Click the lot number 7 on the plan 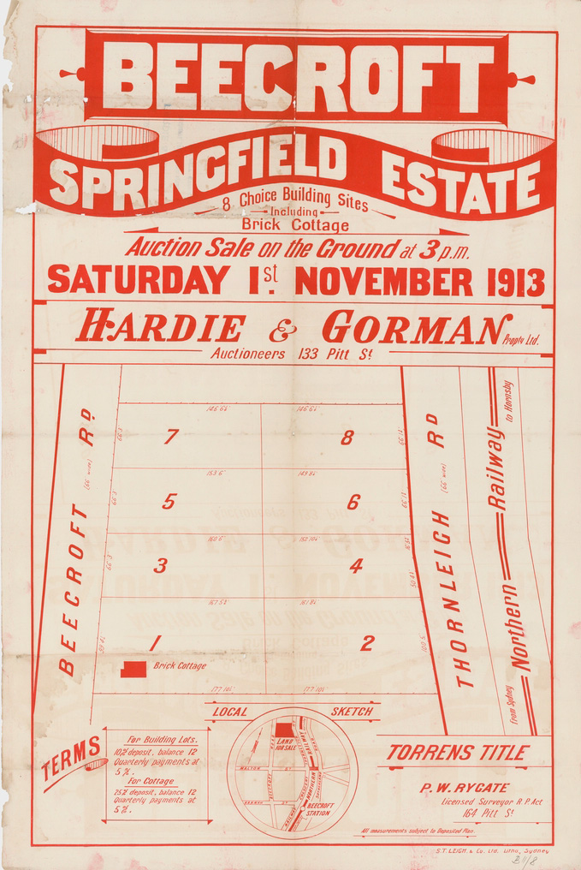(x=171, y=438)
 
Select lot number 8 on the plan (x=347, y=438)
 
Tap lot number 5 (x=169, y=502)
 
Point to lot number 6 (x=353, y=503)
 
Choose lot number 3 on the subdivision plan (x=160, y=565)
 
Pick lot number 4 (x=356, y=565)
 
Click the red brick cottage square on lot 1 (x=133, y=669)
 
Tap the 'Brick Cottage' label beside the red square (x=180, y=665)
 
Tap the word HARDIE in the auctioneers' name (x=161, y=328)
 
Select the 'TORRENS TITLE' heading (x=457, y=753)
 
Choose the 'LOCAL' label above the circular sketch (x=230, y=712)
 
